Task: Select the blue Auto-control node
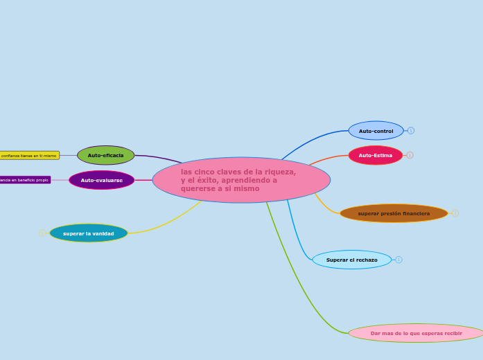click(x=376, y=131)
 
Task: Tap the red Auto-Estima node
click(x=375, y=155)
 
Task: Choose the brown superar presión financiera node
click(x=394, y=213)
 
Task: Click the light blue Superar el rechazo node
click(x=351, y=260)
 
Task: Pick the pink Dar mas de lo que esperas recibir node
click(x=416, y=333)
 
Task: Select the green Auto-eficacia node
click(x=105, y=155)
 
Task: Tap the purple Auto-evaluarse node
click(x=101, y=180)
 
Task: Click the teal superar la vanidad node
click(x=89, y=233)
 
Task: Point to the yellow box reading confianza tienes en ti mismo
click(x=29, y=155)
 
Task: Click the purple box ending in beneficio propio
click(x=25, y=180)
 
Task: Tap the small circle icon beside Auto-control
click(x=411, y=130)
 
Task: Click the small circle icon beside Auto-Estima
click(x=410, y=155)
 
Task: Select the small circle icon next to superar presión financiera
click(x=455, y=213)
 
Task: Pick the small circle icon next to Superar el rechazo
click(x=398, y=260)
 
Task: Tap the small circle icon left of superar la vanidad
click(x=42, y=233)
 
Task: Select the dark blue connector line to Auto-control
click(x=312, y=139)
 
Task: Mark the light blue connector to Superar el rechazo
click(x=297, y=235)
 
